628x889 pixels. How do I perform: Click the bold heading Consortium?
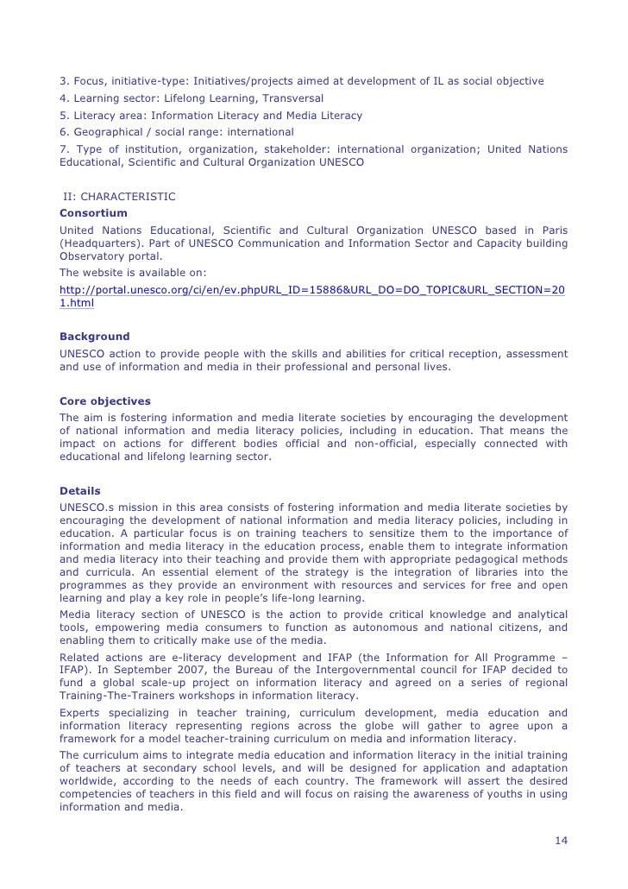[92, 212]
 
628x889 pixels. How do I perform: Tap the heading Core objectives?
[104, 401]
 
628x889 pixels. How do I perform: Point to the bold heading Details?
[79, 490]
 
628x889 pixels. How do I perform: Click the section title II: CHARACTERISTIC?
[119, 197]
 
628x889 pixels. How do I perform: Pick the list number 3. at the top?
[64, 81]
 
